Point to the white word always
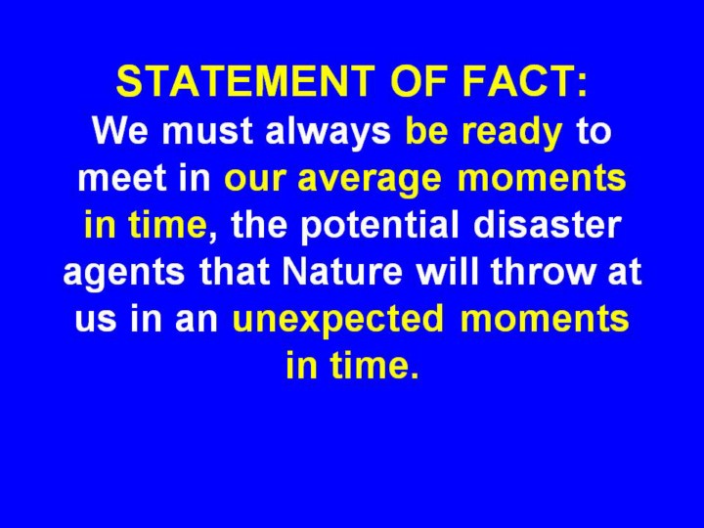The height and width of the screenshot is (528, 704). tap(329, 132)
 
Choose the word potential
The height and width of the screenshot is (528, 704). tap(379, 226)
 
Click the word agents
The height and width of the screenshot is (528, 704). tap(124, 273)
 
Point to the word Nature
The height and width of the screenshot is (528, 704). tap(342, 271)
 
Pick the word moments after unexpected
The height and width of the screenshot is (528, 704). tap(545, 319)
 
